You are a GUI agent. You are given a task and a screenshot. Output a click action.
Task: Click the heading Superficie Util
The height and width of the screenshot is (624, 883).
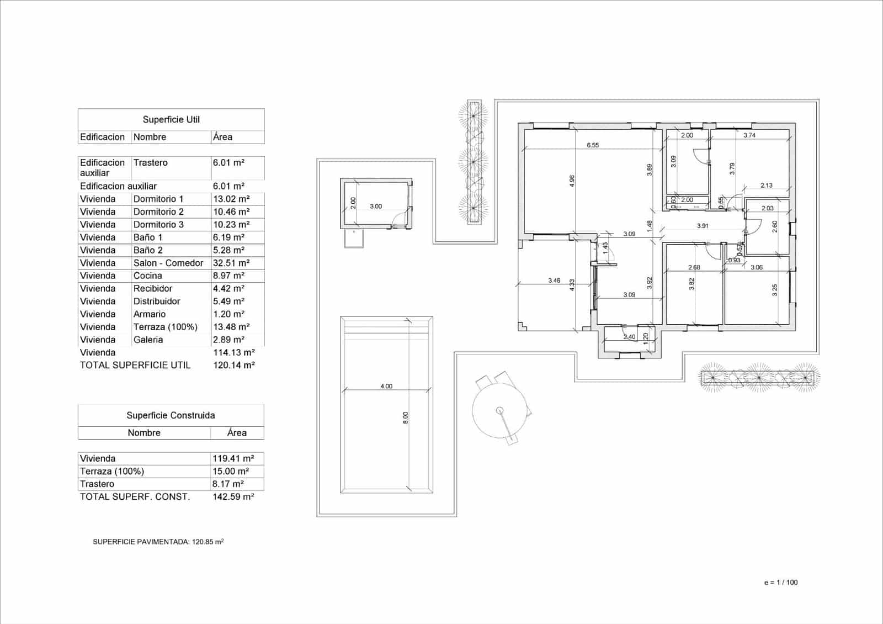(x=171, y=119)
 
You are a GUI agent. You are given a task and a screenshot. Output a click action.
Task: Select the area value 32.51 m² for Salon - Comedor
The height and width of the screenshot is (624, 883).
(x=231, y=263)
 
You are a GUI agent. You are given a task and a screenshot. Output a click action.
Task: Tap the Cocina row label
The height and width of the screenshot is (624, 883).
(x=147, y=276)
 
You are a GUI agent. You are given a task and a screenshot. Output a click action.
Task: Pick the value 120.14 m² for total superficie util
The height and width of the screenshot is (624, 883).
(x=233, y=365)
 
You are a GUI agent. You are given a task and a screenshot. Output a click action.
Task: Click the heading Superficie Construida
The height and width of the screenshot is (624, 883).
(x=171, y=415)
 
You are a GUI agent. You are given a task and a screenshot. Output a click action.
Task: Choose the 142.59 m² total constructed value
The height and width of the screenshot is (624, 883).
(x=233, y=496)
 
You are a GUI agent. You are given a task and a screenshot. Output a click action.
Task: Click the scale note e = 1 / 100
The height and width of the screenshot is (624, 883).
(x=780, y=582)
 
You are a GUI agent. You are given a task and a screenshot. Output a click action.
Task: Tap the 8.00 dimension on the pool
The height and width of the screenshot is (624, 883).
(x=405, y=417)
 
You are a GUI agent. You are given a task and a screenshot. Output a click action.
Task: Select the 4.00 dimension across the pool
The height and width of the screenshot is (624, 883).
(x=386, y=386)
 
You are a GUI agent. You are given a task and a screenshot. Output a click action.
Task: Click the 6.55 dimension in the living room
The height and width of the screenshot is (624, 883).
(x=592, y=145)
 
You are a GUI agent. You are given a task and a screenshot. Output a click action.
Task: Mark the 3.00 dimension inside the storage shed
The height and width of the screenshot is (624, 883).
(x=375, y=206)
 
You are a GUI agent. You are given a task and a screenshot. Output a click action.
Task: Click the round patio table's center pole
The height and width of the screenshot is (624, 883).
(x=499, y=410)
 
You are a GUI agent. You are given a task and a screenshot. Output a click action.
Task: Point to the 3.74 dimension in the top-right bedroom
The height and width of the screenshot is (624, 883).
(x=749, y=135)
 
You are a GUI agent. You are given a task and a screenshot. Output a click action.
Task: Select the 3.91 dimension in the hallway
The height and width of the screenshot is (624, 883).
(x=702, y=226)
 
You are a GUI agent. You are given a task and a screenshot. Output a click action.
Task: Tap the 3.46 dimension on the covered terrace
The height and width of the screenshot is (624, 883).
(x=554, y=281)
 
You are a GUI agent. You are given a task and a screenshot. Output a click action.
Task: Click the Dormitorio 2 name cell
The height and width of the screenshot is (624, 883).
(x=158, y=211)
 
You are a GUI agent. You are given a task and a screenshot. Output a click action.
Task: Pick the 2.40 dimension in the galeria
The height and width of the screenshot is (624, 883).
(x=629, y=337)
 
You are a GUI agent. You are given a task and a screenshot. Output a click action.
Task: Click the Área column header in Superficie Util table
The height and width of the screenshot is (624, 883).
(x=222, y=137)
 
